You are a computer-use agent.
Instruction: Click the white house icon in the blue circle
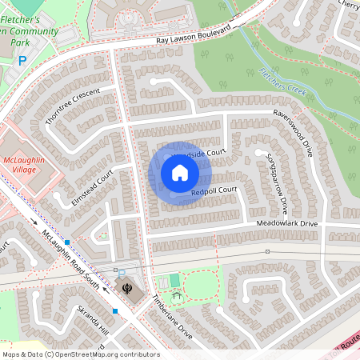180,173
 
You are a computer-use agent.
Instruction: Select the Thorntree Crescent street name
73,106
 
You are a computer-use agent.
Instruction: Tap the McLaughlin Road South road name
70,258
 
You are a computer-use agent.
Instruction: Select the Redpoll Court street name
215,190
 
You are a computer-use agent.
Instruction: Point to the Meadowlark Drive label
286,223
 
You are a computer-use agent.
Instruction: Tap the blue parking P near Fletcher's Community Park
22,60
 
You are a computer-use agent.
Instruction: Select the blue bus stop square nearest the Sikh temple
116,310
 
